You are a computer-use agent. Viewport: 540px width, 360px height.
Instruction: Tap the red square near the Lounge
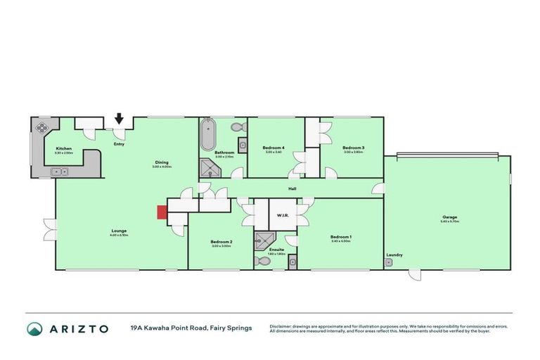pyautogui.click(x=161, y=212)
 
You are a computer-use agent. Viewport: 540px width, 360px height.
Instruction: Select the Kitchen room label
pyautogui.click(x=64, y=149)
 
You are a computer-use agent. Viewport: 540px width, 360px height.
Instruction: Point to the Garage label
pyautogui.click(x=449, y=218)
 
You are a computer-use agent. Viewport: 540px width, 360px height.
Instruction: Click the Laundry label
pyautogui.click(x=394, y=255)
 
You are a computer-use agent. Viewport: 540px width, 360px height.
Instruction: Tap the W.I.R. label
pyautogui.click(x=283, y=215)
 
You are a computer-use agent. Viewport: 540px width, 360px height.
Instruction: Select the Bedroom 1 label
pyautogui.click(x=341, y=237)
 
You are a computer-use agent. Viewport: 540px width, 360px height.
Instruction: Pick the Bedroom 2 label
pyautogui.click(x=221, y=242)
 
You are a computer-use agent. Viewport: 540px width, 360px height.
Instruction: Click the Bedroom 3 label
pyautogui.click(x=354, y=148)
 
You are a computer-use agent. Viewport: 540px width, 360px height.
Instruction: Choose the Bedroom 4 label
pyautogui.click(x=273, y=148)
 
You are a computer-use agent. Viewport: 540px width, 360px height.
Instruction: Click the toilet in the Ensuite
pyautogui.click(x=262, y=261)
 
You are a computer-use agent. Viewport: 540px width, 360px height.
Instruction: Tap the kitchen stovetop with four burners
pyautogui.click(x=41, y=127)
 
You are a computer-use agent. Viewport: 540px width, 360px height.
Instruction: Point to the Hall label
pyautogui.click(x=292, y=188)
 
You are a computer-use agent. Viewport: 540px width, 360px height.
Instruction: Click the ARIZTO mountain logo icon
pyautogui.click(x=34, y=328)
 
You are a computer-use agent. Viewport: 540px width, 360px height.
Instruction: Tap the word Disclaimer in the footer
pyautogui.click(x=283, y=326)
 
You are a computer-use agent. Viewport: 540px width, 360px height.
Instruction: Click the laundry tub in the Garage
pyautogui.click(x=388, y=262)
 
